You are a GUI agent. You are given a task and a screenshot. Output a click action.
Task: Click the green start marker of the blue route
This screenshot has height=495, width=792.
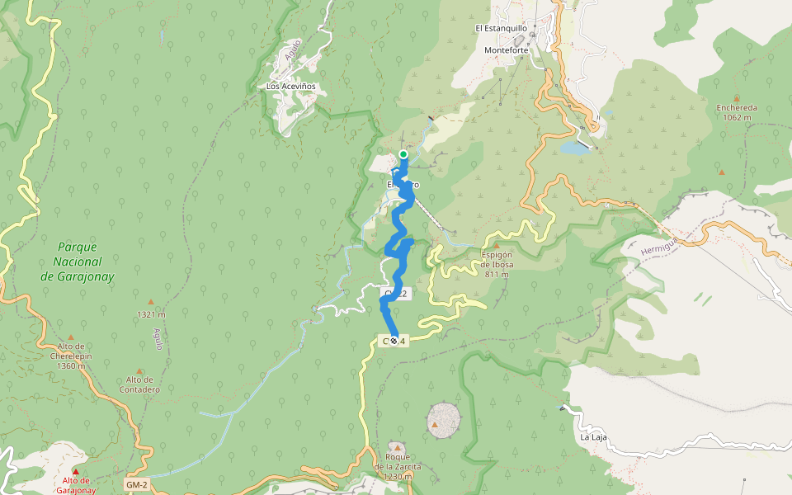pos(403,154)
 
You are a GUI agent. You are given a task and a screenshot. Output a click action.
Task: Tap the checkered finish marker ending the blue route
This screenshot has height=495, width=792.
pos(394,340)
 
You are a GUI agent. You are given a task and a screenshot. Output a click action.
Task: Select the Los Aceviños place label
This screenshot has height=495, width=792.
pos(290,86)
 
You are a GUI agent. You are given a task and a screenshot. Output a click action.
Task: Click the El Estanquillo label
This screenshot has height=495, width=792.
pos(501,28)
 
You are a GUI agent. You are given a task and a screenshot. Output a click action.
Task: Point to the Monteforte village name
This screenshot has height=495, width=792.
pos(506,50)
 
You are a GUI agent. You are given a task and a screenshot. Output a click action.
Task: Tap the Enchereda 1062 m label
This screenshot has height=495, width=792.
pos(737,112)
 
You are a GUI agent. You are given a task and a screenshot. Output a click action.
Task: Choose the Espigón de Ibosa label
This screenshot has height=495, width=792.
pos(497,265)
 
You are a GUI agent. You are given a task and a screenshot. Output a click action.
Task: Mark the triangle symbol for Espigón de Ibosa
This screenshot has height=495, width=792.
pos(497,245)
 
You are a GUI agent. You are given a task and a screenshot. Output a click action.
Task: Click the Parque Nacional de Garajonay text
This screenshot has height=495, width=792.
pos(77,262)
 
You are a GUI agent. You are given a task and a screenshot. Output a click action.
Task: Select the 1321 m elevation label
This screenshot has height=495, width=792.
pos(151,314)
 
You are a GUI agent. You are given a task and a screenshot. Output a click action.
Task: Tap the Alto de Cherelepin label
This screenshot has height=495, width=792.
pos(70,356)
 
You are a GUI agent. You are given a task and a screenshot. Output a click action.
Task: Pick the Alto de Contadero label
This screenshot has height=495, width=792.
pos(139,384)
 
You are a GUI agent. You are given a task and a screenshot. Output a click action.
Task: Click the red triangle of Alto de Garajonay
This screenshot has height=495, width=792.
pos(76,471)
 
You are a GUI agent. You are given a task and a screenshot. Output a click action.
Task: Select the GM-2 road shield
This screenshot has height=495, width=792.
pos(137,484)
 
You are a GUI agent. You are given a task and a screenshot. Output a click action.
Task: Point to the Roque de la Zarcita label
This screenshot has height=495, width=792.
pos(397,466)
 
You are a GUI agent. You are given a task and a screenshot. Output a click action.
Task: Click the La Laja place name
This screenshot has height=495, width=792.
pos(593,437)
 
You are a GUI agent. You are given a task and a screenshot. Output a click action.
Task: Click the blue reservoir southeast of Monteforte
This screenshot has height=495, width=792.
pos(571,148)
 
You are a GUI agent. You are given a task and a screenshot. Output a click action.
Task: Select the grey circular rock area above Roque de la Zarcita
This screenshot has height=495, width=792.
pos(443,420)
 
